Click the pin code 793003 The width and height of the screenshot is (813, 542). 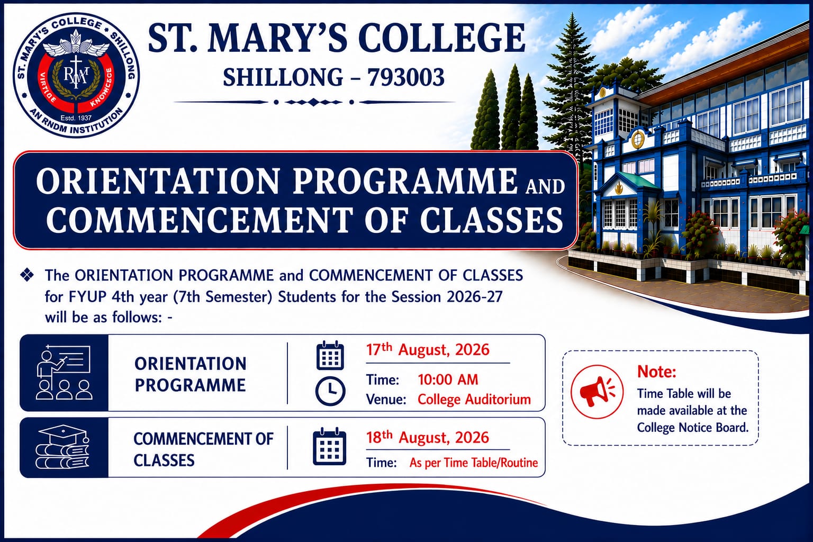[406, 77]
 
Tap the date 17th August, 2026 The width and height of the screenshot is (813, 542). [428, 349]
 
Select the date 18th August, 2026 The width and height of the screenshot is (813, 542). [428, 437]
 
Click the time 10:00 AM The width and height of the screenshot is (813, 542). [448, 380]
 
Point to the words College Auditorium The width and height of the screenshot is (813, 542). [474, 399]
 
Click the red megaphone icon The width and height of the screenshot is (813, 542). [597, 392]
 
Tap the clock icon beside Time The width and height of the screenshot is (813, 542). [330, 391]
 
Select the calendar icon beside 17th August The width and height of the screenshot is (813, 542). [330, 355]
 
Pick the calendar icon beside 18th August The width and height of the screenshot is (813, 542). [329, 446]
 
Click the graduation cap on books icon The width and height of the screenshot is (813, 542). [63, 447]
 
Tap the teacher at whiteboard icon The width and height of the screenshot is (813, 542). [64, 373]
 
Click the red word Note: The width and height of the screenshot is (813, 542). [657, 372]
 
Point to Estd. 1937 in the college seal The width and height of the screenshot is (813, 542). [76, 118]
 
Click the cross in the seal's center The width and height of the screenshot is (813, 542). [76, 71]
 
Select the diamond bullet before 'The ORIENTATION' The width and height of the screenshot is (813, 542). [27, 275]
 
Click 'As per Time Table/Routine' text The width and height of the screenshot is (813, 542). [474, 463]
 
